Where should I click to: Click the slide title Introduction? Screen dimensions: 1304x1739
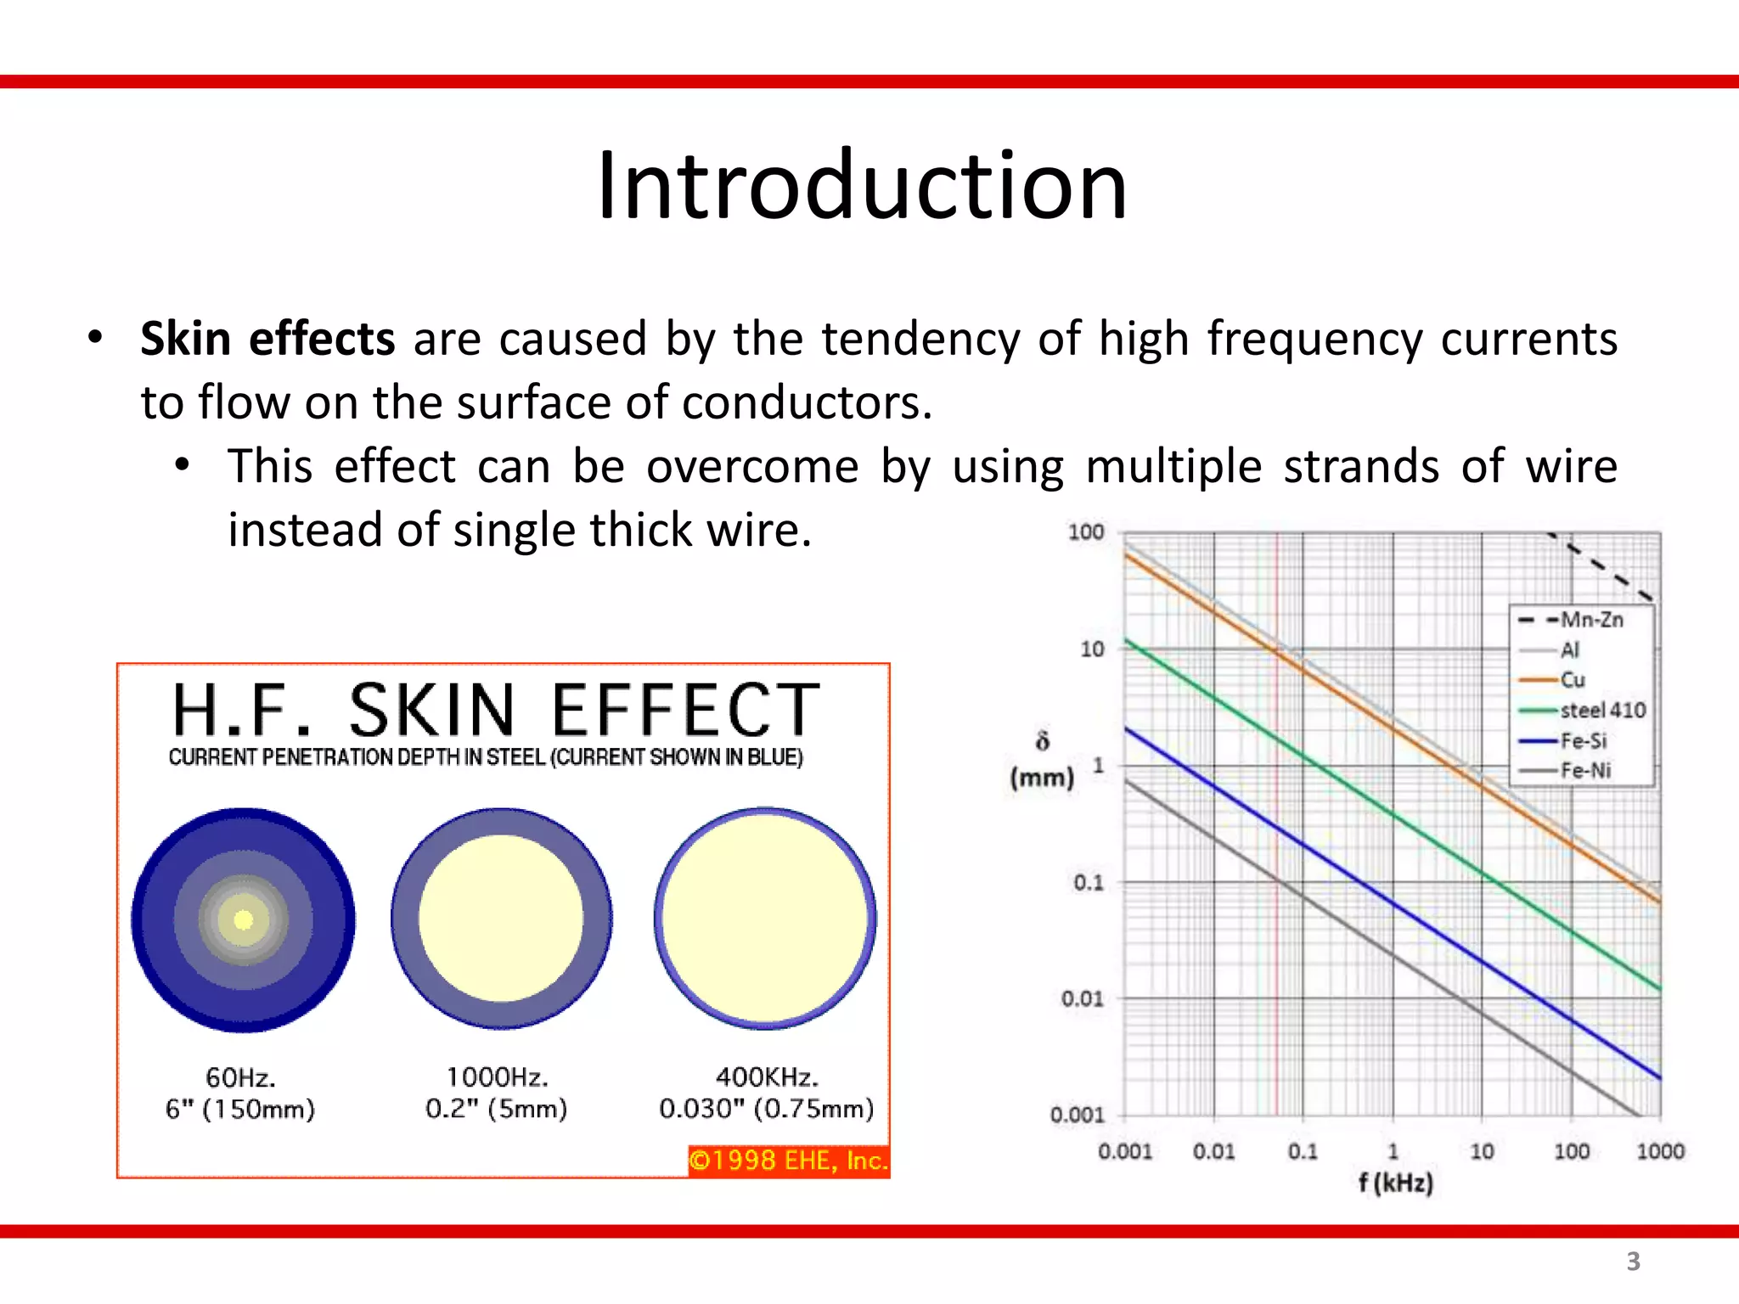click(x=862, y=185)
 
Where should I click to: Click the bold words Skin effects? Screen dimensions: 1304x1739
click(x=267, y=339)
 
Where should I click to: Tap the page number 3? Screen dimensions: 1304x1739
click(x=1633, y=1262)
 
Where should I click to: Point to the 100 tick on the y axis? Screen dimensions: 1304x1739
click(x=1085, y=532)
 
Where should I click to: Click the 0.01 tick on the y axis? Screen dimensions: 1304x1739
click(x=1082, y=998)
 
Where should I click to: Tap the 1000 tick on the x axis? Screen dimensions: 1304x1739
click(x=1659, y=1151)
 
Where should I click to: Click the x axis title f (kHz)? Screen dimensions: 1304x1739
click(x=1395, y=1183)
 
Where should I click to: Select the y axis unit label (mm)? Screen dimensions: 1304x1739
click(x=1042, y=777)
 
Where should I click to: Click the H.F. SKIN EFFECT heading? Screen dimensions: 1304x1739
click(x=496, y=711)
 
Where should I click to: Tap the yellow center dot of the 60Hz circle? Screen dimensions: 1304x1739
click(x=244, y=919)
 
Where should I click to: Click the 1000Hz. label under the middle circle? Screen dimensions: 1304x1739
click(x=498, y=1077)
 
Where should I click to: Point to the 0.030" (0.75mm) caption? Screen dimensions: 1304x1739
click(x=766, y=1109)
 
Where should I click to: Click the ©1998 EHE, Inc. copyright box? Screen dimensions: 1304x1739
click(x=788, y=1161)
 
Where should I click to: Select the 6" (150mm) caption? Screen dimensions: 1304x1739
click(x=240, y=1109)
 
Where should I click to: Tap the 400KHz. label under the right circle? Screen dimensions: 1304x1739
click(x=767, y=1077)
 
